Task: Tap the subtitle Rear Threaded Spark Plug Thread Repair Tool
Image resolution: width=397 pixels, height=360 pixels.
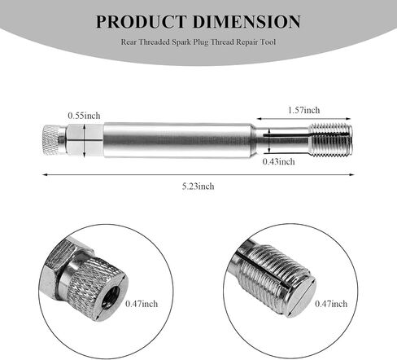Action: [198, 46]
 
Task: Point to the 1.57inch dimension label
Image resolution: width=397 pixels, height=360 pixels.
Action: [303, 110]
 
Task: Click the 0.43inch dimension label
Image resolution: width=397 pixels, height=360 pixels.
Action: [278, 161]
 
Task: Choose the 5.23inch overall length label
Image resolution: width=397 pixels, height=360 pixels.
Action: [198, 186]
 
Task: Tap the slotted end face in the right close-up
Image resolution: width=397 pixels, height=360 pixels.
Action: [298, 290]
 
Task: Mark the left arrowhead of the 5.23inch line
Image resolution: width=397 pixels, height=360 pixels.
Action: [45, 173]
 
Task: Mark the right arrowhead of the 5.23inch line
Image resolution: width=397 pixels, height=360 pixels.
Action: [351, 173]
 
